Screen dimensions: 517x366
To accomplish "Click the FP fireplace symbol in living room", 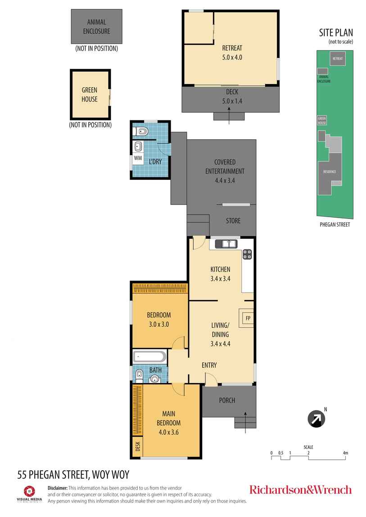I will (247, 318).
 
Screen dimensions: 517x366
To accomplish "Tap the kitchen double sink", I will (226, 244).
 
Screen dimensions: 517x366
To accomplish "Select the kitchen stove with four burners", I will (248, 254).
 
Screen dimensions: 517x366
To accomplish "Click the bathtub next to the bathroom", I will (149, 358).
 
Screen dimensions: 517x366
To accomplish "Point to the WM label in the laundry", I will (138, 158).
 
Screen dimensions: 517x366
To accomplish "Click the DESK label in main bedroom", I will (137, 446).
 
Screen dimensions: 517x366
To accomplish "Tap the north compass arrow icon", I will (316, 420).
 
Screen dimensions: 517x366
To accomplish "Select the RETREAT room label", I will (232, 49).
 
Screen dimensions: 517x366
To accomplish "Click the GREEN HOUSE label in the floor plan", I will (89, 94).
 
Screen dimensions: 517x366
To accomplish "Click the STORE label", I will (233, 221).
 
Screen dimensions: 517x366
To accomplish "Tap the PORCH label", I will (227, 401).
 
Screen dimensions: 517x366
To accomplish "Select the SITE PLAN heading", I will (335, 32).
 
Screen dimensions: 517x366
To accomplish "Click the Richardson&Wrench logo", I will (300, 490).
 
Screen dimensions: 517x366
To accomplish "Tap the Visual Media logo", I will (30, 493).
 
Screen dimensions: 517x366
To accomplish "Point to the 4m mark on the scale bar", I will (345, 453).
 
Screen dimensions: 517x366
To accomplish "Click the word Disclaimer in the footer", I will (58, 488).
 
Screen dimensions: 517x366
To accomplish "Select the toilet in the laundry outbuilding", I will (142, 132).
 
